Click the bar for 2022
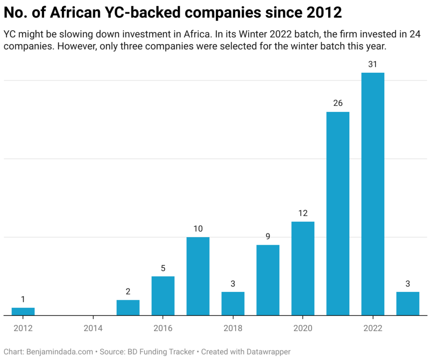(372, 193)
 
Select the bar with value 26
(338, 213)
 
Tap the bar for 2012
(23, 311)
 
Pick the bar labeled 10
(198, 276)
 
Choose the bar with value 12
(303, 268)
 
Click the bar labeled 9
(268, 280)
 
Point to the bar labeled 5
(163, 296)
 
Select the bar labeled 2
(128, 307)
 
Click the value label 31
(372, 64)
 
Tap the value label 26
(338, 103)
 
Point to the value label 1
(23, 299)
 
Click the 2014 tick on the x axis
(93, 328)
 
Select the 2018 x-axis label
(233, 328)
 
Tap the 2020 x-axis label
(303, 328)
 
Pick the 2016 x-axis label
(163, 328)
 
